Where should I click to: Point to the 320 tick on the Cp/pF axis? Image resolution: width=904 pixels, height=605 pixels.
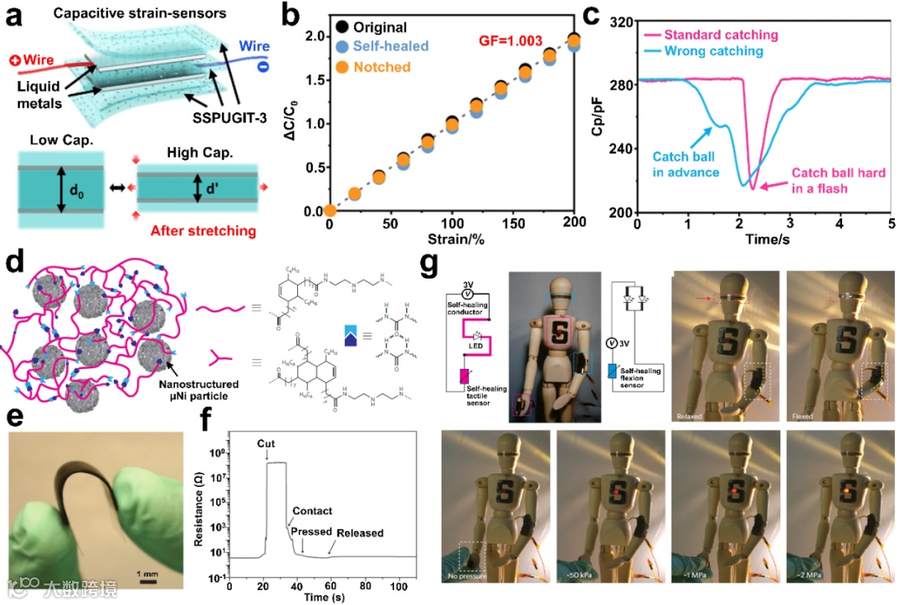pyautogui.click(x=621, y=23)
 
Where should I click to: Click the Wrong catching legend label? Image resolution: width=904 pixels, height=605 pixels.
pyautogui.click(x=714, y=51)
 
